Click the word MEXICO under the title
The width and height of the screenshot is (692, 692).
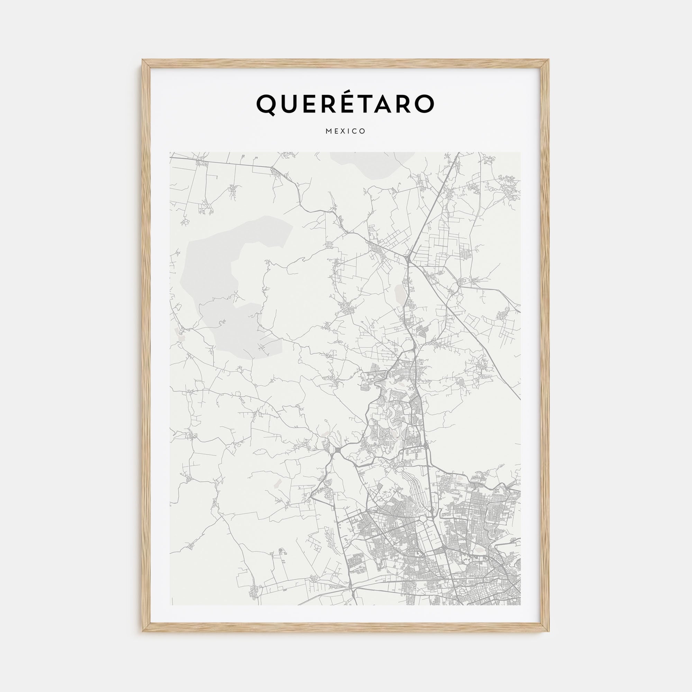(x=346, y=131)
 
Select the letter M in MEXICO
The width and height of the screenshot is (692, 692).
(x=328, y=131)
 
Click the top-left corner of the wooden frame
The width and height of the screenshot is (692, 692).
(x=143, y=61)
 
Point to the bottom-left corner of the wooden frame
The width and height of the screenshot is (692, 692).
(x=143, y=631)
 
